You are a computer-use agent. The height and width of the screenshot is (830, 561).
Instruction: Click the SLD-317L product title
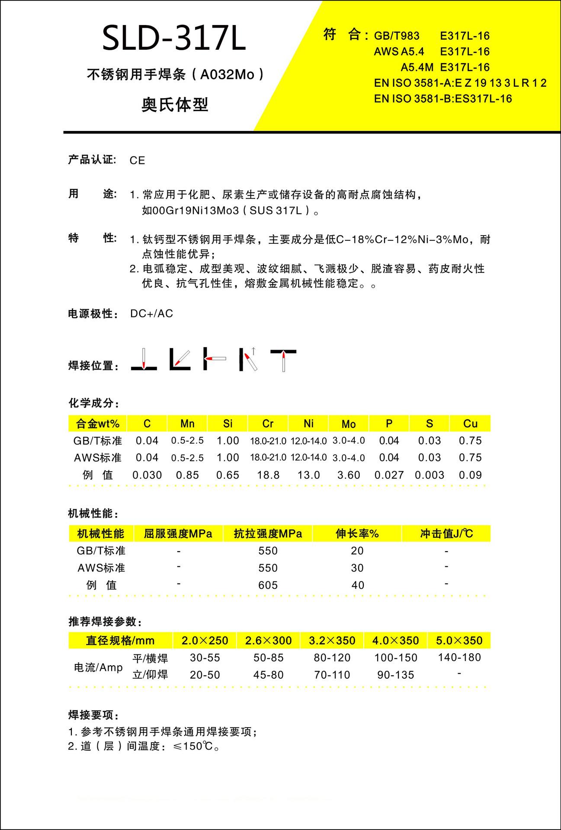tap(174, 39)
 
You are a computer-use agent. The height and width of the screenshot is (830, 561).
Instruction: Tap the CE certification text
tap(137, 160)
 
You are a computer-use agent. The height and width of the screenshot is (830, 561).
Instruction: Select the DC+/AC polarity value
tap(151, 313)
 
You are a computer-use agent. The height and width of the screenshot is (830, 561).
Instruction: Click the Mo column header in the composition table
tap(349, 424)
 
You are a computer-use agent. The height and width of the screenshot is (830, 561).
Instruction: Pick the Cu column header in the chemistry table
tap(470, 424)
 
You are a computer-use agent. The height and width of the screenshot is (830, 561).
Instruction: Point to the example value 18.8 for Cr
tap(268, 475)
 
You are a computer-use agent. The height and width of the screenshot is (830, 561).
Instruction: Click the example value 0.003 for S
tap(430, 475)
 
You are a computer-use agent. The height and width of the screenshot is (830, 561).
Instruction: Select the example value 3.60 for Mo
tap(349, 475)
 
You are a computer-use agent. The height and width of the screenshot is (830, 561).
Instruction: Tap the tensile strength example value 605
tap(268, 585)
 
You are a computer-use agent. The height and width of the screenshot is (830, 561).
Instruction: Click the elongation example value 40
tap(358, 585)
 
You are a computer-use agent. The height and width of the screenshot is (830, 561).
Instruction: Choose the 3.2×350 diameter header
tap(332, 640)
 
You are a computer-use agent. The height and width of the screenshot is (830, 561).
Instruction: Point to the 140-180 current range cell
tap(459, 658)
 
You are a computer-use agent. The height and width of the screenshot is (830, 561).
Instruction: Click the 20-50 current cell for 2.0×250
tap(205, 675)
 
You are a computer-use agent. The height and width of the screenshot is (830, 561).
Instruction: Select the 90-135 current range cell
tap(396, 675)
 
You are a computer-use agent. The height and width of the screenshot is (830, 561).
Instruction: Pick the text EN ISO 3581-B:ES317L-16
tap(443, 99)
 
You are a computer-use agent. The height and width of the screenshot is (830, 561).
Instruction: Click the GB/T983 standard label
tap(397, 36)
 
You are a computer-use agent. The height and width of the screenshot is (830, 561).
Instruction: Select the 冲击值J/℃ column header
tap(446, 534)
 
